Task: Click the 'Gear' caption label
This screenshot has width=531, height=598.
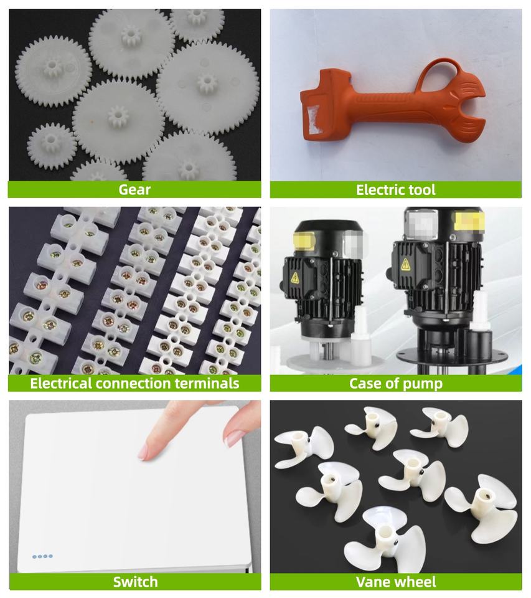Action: (134, 189)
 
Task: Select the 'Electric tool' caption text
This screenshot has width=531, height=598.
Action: (395, 189)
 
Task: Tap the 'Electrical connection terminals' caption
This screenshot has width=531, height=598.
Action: (134, 383)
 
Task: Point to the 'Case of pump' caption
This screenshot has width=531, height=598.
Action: (396, 383)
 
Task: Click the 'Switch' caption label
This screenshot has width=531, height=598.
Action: (135, 582)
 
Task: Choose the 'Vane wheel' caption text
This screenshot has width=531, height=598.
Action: (396, 582)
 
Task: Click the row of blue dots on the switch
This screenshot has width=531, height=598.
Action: (42, 556)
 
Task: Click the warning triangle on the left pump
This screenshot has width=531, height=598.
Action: (295, 277)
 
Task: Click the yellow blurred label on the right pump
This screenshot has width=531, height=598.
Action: (469, 223)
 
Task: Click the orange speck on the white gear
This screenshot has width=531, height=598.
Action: (92, 121)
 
